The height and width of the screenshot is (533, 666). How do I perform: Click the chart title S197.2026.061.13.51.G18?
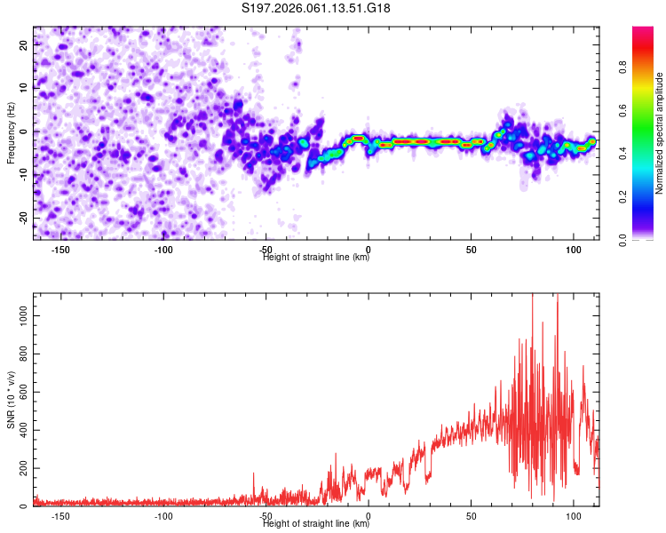(x=316, y=9)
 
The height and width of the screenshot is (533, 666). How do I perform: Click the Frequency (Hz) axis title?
(x=11, y=132)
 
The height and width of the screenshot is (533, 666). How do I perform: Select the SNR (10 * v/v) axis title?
(x=11, y=400)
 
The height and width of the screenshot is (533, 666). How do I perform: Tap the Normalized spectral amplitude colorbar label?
(x=660, y=133)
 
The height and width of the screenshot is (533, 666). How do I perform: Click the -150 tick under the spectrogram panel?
(x=60, y=249)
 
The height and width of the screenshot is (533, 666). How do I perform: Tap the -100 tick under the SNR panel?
(x=163, y=515)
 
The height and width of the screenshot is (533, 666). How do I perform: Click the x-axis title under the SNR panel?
(x=316, y=524)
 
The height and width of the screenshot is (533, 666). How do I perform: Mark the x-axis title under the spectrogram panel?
(x=316, y=258)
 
